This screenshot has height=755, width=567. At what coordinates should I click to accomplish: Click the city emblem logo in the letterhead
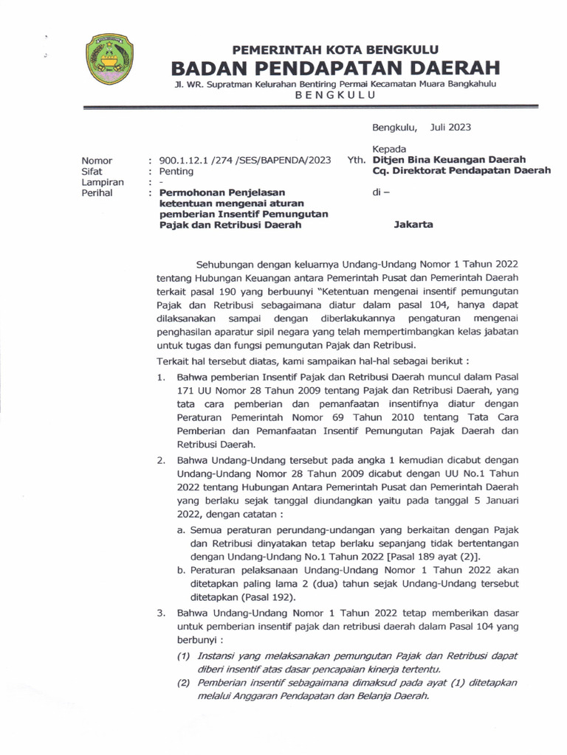(110, 60)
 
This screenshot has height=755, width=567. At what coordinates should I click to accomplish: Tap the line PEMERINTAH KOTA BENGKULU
(336, 50)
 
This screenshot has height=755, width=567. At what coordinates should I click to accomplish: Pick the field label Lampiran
(103, 182)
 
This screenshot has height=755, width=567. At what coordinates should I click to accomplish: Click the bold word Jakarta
(414, 225)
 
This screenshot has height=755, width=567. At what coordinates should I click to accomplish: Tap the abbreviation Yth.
(356, 160)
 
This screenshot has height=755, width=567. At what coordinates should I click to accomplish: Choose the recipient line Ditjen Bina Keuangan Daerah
(449, 160)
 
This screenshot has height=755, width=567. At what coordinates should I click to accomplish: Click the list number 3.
(160, 613)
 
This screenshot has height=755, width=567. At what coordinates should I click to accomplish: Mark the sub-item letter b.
(181, 570)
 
